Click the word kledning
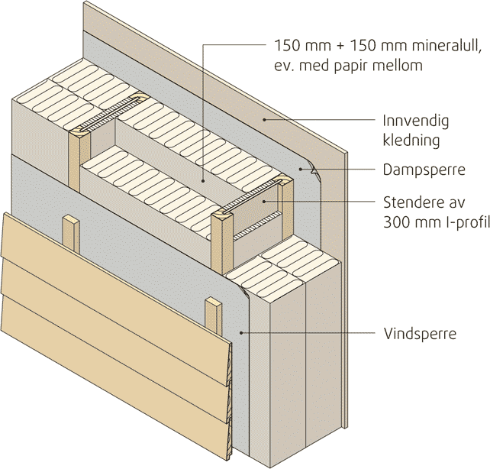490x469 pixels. tap(411, 141)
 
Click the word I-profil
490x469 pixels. tap(458, 222)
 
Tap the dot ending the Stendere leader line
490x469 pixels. tap(263, 202)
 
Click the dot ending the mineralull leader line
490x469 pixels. tap(202, 180)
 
